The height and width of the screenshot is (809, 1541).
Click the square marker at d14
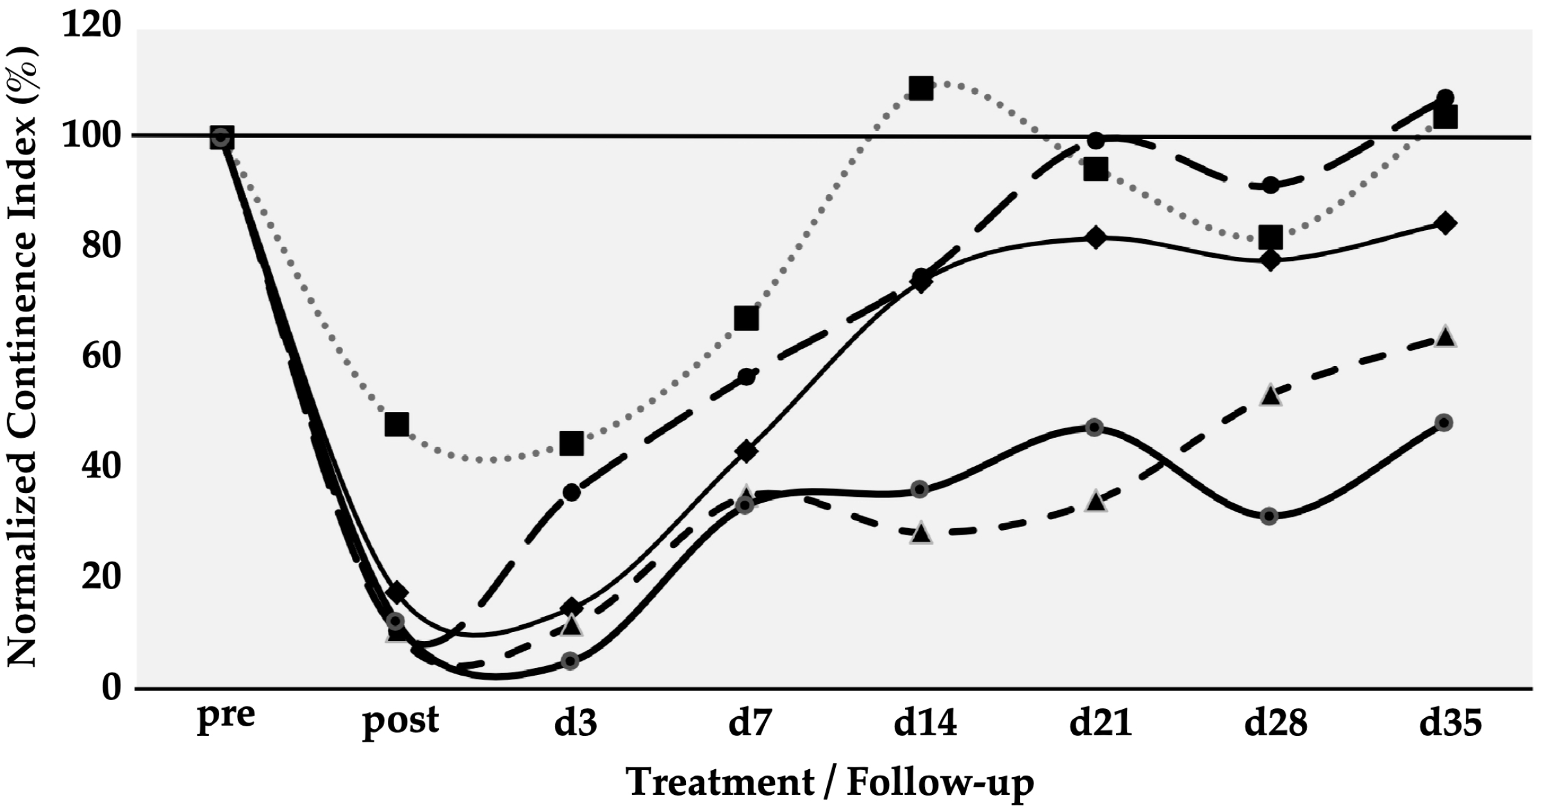920,88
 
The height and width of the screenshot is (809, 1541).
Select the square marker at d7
746,318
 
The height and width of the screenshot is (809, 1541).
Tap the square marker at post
397,424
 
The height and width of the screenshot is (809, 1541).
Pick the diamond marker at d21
1095,237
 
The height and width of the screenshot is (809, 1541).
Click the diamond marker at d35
1445,224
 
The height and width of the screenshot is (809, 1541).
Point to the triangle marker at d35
1445,337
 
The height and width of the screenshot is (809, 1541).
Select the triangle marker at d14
920,532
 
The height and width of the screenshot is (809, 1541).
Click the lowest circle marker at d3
571,661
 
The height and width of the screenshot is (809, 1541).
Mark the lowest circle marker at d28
1270,516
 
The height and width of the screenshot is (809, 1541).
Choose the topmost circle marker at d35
1445,98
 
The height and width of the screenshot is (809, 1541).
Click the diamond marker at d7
746,451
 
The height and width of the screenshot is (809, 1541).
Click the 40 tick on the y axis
101,467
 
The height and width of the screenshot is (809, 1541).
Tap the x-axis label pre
226,716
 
